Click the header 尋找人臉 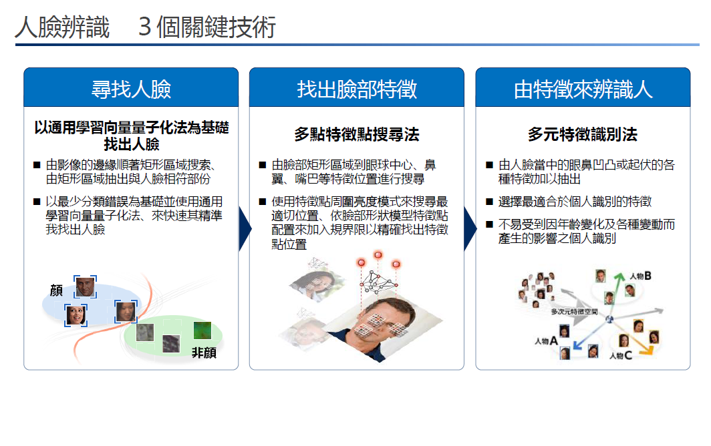(x=131, y=89)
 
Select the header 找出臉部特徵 (x=357, y=89)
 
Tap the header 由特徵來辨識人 (x=583, y=89)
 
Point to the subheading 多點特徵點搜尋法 (x=357, y=134)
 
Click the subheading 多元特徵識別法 (x=583, y=134)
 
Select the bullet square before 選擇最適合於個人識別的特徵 (x=489, y=202)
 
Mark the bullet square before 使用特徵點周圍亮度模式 (x=263, y=202)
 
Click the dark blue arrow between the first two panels (x=245, y=229)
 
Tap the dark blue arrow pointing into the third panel (x=470, y=229)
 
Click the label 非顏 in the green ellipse (x=204, y=353)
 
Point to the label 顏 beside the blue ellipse (x=56, y=290)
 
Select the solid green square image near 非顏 (x=202, y=330)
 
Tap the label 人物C (x=621, y=356)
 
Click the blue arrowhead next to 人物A (x=577, y=345)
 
